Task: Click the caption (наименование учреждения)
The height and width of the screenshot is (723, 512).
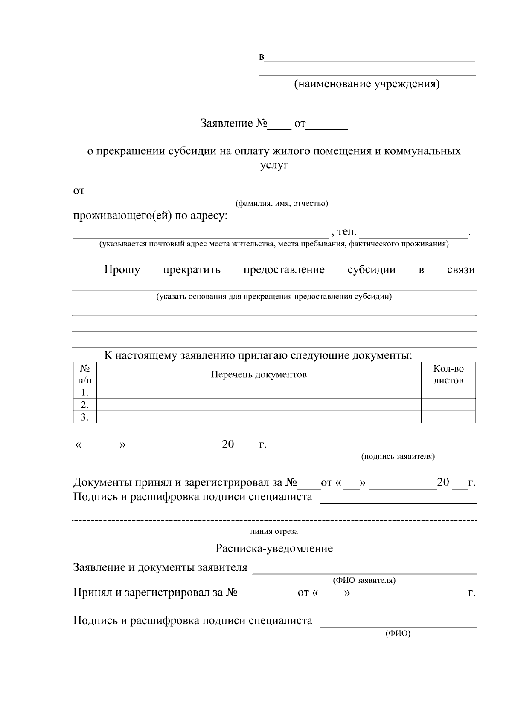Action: (367, 84)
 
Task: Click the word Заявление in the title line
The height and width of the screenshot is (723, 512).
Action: (227, 124)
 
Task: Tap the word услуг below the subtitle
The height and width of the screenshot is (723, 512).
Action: (274, 165)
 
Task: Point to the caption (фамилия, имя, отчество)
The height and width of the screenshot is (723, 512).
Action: (282, 204)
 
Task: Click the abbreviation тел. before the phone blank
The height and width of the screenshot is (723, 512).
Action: (346, 232)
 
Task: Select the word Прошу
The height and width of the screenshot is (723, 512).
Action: (122, 270)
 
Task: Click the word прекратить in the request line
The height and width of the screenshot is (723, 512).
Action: (192, 270)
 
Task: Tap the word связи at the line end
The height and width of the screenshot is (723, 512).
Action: (461, 270)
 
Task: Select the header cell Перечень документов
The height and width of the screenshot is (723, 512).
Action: (259, 374)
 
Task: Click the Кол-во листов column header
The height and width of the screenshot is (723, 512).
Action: (448, 374)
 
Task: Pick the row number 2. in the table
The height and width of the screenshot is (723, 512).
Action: (84, 405)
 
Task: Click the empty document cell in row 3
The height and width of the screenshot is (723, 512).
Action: (259, 417)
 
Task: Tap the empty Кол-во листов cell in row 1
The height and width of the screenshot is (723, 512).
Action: (448, 392)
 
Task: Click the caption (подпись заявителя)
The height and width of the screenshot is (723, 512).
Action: (398, 457)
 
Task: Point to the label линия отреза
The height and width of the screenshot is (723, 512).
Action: (274, 531)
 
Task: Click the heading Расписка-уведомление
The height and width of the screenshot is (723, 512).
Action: (274, 548)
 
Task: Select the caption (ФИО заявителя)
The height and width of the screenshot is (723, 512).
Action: (364, 580)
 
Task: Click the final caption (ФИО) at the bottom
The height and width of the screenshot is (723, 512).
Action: (398, 634)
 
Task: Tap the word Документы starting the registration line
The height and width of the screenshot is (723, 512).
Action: (102, 483)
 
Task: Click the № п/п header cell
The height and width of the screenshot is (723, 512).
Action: (84, 374)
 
